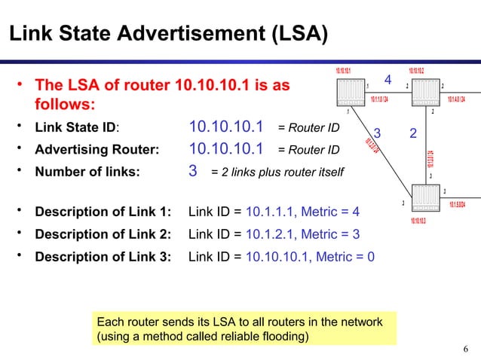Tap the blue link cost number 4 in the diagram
[x=388, y=80]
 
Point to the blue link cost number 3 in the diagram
[x=378, y=134]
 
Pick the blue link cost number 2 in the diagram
[x=412, y=134]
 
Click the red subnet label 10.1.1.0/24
[x=380, y=99]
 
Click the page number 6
[x=466, y=348]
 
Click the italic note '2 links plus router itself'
[x=277, y=172]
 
